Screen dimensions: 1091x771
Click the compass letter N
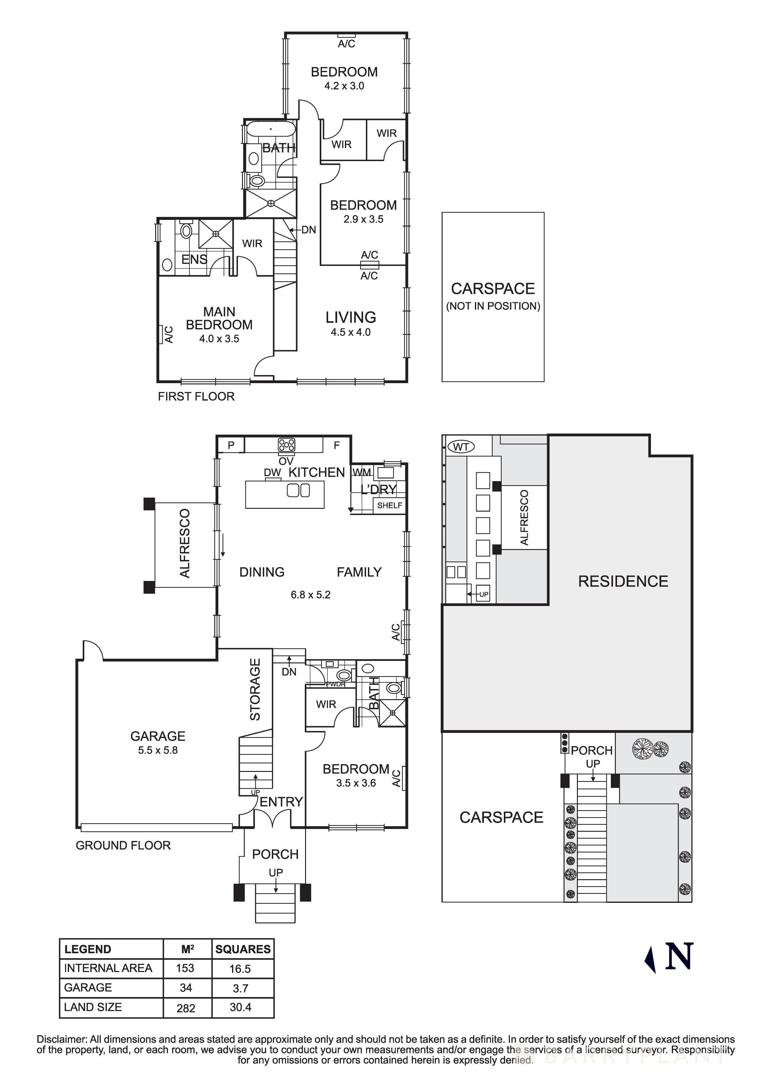coord(679,956)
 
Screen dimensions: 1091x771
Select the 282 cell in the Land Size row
coord(186,1008)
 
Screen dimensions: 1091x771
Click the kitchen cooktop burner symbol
coord(286,445)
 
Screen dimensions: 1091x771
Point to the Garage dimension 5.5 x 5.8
coord(158,750)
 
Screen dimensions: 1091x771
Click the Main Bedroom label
coord(219,318)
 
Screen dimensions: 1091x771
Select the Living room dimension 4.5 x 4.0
coord(351,332)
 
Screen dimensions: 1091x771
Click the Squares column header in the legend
coord(243,949)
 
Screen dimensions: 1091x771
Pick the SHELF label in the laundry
coord(389,505)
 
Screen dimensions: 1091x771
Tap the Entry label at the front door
coord(281,802)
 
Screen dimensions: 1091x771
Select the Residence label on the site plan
coord(623,581)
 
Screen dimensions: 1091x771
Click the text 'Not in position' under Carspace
coord(493,306)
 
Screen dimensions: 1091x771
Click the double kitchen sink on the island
coord(298,490)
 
